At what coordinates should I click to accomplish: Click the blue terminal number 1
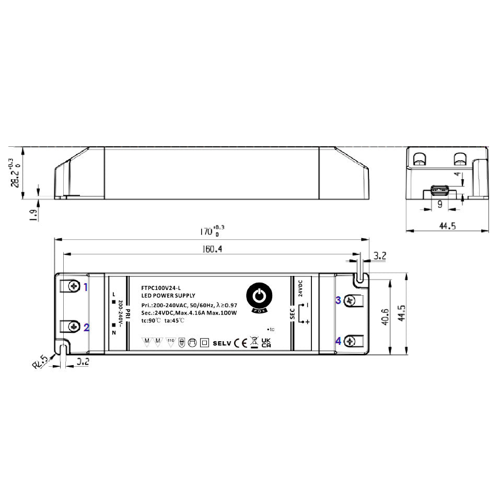(x=87, y=286)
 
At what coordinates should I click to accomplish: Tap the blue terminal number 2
(x=87, y=328)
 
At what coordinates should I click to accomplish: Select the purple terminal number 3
(x=338, y=300)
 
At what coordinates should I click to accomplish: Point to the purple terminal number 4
(x=338, y=341)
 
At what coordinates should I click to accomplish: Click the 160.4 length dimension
(x=212, y=249)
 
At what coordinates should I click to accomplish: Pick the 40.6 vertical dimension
(x=386, y=317)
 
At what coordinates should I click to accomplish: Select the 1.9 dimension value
(x=33, y=214)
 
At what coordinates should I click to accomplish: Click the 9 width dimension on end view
(x=439, y=205)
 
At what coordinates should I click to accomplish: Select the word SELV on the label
(x=222, y=343)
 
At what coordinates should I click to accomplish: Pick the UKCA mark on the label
(x=266, y=342)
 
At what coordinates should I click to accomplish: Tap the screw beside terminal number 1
(x=73, y=286)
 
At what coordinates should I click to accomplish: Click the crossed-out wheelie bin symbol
(x=253, y=342)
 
